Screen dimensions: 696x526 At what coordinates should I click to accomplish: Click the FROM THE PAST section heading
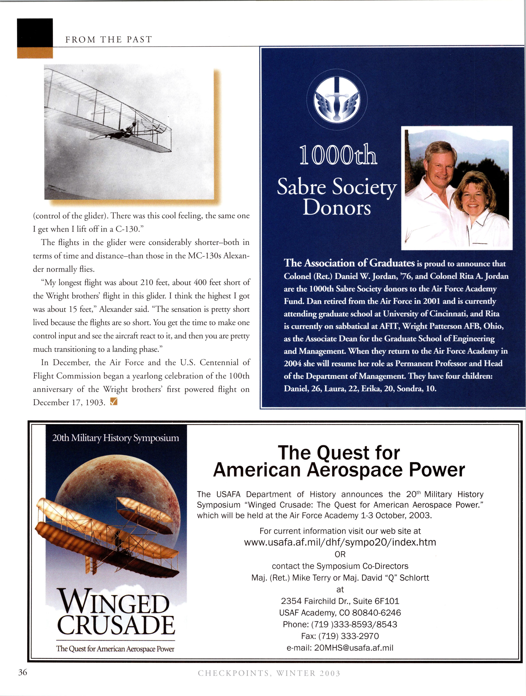pos(108,40)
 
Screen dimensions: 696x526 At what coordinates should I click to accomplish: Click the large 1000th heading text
pos(338,155)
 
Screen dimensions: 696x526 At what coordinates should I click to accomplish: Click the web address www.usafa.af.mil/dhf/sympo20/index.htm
pos(340,542)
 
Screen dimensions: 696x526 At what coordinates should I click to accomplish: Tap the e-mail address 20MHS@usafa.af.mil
pos(340,648)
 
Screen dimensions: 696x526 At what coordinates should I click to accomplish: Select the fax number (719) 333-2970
pos(340,636)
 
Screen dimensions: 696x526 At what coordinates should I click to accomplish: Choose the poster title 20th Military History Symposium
pos(116,438)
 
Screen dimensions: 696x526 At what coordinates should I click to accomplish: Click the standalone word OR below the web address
pos(340,554)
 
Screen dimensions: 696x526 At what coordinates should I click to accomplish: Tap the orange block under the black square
pos(35,52)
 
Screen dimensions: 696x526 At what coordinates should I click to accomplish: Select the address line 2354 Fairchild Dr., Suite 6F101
pos(340,601)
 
